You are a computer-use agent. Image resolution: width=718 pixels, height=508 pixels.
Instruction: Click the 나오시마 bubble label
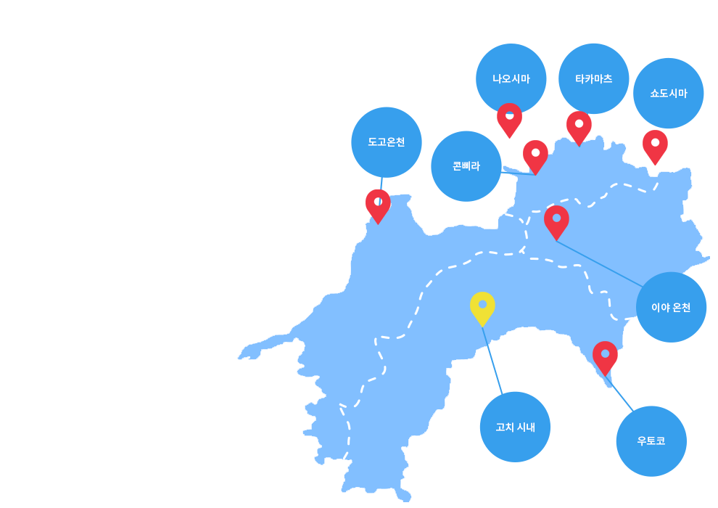[511, 79]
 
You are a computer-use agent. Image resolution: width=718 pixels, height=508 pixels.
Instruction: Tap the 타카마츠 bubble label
[593, 79]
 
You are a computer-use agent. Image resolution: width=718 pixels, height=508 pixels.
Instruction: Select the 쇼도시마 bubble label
[669, 94]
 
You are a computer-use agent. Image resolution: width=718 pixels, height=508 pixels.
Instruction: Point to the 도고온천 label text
[387, 142]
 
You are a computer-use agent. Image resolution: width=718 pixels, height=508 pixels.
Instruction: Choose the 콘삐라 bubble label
[466, 165]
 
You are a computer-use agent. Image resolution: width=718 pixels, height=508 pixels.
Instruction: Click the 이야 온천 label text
[671, 308]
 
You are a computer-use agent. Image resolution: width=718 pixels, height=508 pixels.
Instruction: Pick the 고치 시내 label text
[515, 427]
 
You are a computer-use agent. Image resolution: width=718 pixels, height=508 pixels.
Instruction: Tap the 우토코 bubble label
[651, 441]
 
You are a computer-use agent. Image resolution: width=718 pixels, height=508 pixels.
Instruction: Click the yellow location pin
[482, 308]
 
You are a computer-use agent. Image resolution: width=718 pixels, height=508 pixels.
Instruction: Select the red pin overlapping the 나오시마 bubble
[509, 119]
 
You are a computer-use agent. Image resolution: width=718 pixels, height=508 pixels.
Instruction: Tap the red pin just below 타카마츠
[579, 127]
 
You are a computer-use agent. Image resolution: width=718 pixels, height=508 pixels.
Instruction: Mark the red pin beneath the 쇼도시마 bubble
[655, 146]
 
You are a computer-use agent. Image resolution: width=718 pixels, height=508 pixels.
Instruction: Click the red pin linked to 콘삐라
[535, 156]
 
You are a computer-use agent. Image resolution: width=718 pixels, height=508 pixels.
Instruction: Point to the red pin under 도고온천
[378, 205]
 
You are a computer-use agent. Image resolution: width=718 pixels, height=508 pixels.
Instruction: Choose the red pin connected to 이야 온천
[556, 222]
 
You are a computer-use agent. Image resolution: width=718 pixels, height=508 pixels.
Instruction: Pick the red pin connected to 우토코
[605, 357]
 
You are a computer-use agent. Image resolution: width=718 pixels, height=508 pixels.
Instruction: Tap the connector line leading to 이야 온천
[599, 264]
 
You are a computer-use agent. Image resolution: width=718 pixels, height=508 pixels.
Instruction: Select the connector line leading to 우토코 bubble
[619, 394]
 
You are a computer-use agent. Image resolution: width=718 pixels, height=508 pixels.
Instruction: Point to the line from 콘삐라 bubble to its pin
[517, 173]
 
